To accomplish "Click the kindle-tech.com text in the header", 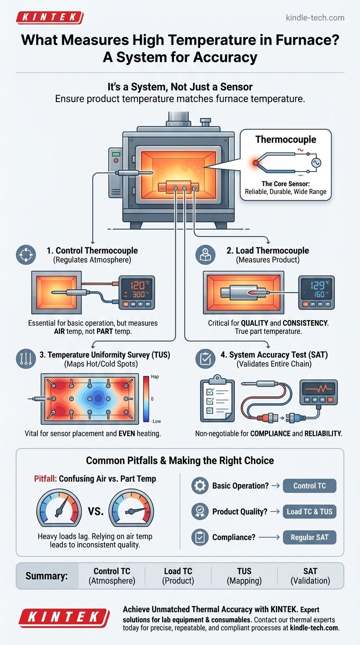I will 315,18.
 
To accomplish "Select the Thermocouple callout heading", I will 285,139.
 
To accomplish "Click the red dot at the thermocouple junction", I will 255,163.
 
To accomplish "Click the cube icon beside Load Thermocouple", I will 206,255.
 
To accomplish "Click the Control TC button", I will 309,486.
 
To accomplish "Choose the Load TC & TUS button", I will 309,511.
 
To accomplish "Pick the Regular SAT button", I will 309,537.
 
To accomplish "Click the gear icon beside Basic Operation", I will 200,486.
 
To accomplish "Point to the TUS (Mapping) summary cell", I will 244,576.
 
